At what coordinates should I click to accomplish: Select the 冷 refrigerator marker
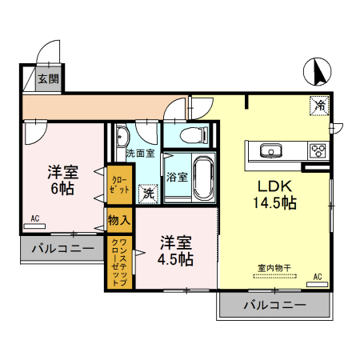pyautogui.click(x=319, y=106)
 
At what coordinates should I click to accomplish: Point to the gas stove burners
pyautogui.click(x=317, y=150)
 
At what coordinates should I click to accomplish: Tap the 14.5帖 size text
pyautogui.click(x=275, y=203)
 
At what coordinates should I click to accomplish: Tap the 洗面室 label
pyautogui.click(x=139, y=153)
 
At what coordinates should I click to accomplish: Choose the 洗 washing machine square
pyautogui.click(x=148, y=193)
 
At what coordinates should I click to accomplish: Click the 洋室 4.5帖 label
pyautogui.click(x=175, y=250)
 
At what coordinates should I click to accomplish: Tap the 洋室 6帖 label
pyautogui.click(x=61, y=179)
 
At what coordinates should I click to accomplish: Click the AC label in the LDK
pyautogui.click(x=317, y=277)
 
